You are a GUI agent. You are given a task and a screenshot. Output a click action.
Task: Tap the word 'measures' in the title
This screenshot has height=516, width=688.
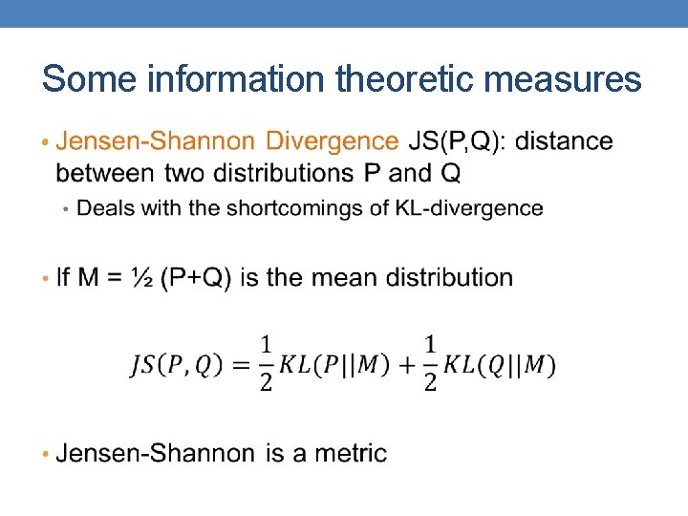(563, 78)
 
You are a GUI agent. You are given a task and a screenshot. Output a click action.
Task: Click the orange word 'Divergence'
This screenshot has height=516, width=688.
(333, 141)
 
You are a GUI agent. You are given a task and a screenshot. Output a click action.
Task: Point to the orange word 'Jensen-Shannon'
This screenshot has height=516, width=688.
(157, 141)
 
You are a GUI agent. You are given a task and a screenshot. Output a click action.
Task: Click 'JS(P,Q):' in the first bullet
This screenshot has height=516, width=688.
(459, 141)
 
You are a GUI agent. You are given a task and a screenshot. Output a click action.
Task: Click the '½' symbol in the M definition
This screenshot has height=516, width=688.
(142, 278)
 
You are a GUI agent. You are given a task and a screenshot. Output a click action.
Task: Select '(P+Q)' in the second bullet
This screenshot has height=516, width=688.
(196, 278)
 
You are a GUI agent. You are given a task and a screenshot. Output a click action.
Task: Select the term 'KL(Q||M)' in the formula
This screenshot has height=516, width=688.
(501, 365)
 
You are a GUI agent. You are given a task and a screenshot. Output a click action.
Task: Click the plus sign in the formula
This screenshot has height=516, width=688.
(405, 365)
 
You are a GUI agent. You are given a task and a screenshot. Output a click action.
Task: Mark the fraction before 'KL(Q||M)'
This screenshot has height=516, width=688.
(431, 364)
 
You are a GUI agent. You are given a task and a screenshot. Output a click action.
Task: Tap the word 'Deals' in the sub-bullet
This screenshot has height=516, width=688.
(100, 208)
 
